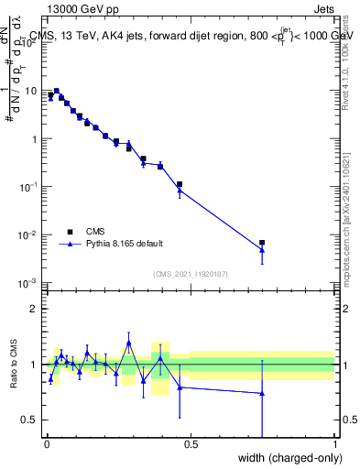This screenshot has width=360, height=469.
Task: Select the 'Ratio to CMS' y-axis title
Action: [x=14, y=365]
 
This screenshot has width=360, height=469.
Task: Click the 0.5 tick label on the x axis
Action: [x=191, y=444]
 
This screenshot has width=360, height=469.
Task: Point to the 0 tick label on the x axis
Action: [x=46, y=444]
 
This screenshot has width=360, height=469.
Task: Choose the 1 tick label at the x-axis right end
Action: [x=335, y=444]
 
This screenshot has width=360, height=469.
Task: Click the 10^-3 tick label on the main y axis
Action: [x=29, y=282]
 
